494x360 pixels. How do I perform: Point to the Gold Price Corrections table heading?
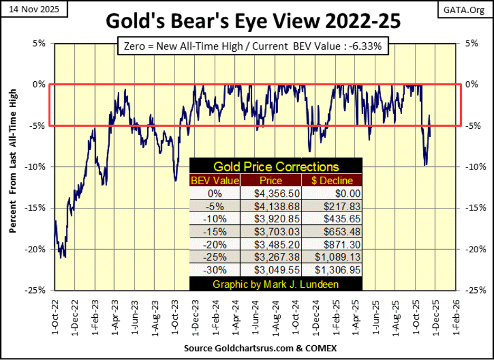coord(276,167)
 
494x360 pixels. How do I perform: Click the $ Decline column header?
coord(335,181)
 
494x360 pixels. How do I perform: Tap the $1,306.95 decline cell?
coord(335,271)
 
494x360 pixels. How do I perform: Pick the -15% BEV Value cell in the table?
coord(215,232)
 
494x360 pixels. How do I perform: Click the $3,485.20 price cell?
coord(275,245)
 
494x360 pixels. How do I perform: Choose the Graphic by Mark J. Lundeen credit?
coord(276,285)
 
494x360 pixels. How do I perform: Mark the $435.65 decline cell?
coord(335,219)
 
